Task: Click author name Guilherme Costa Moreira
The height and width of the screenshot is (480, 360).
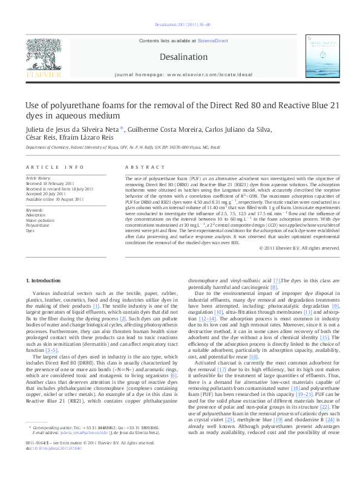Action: point(164,129)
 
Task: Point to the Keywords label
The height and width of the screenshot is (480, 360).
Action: point(35,210)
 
